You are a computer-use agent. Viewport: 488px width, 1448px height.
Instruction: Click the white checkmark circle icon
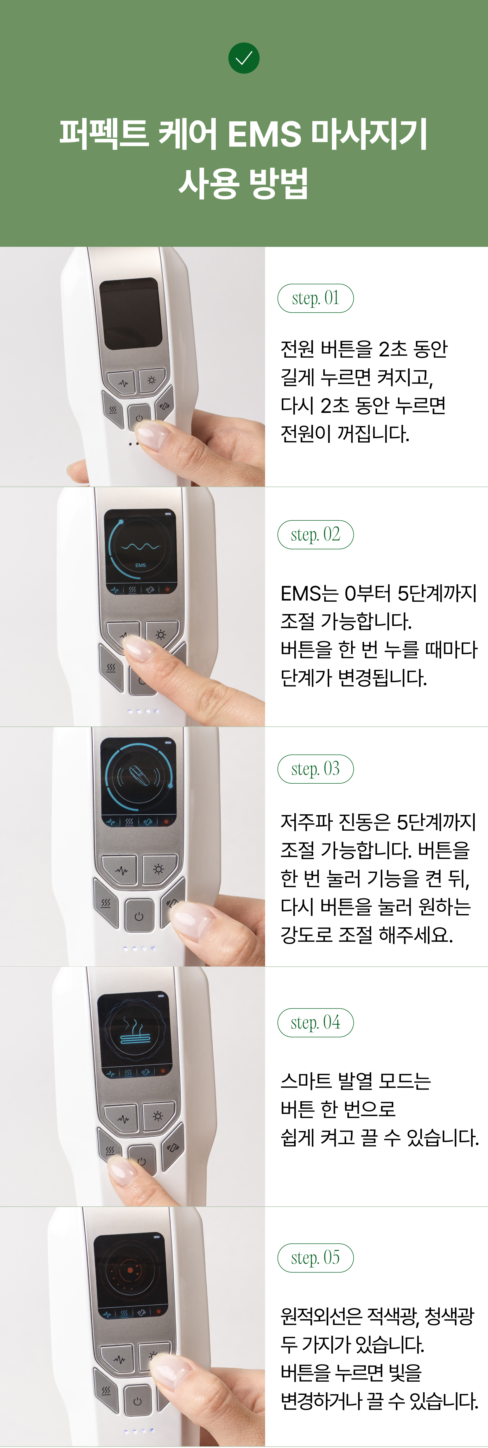(243, 58)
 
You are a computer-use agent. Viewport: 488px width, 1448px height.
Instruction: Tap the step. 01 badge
(315, 299)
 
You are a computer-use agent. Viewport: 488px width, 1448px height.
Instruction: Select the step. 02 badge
(315, 534)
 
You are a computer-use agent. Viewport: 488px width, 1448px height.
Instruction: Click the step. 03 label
(315, 769)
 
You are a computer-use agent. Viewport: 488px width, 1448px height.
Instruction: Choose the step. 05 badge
(315, 1258)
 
